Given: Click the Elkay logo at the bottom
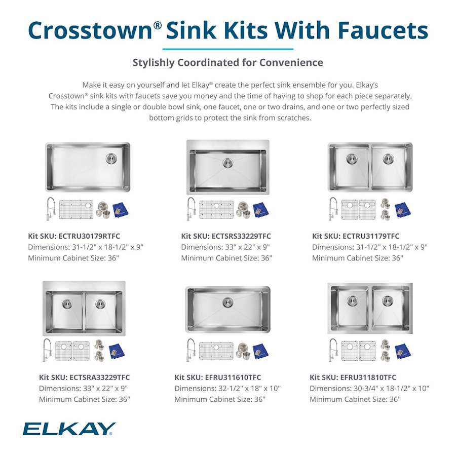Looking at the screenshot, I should [69, 429].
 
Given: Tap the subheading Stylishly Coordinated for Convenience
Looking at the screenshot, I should [227, 63].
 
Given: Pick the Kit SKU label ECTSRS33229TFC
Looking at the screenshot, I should [226, 236].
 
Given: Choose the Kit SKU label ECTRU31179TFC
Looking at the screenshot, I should [356, 236].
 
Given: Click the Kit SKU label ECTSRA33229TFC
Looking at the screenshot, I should [84, 377].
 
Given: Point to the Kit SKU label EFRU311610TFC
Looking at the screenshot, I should [218, 377].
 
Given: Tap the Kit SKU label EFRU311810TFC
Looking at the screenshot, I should [353, 377].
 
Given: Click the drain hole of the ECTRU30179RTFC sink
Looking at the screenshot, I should [111, 159].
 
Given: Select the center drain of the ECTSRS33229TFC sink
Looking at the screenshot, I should [227, 163].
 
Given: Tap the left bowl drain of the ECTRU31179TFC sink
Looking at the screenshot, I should [351, 159].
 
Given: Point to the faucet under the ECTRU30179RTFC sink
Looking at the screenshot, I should [50, 209].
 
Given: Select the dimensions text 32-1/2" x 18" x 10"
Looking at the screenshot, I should [227, 389].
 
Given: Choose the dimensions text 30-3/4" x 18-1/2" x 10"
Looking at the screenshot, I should [369, 389].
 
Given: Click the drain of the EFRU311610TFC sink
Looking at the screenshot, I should [227, 303].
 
